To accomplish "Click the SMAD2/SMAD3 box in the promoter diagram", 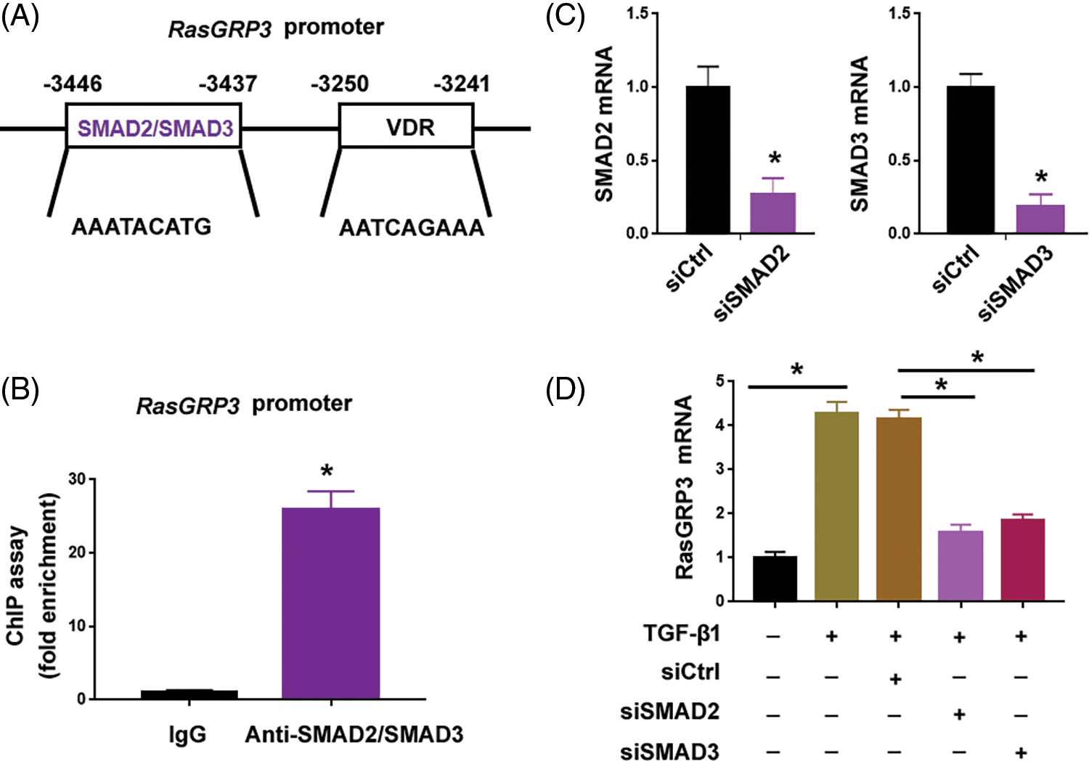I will (154, 127).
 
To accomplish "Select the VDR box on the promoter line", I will (407, 127).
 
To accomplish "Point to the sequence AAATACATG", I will (142, 227).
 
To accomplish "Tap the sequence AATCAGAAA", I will (412, 229).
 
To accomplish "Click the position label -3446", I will (73, 84).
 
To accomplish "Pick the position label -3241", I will (462, 84).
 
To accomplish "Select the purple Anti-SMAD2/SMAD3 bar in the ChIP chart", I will (330, 603).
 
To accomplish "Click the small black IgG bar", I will (189, 694).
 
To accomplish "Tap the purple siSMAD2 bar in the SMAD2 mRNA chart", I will (772, 213).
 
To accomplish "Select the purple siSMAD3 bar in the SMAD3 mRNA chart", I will (1040, 219).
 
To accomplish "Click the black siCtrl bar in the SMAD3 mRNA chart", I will (971, 160).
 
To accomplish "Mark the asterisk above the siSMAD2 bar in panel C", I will (775, 159).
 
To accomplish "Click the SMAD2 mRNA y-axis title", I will (604, 123).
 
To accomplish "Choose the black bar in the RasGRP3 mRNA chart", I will (775, 579).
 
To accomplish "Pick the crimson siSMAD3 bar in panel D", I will (1022, 560).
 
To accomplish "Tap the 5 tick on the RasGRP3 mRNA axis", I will (719, 380).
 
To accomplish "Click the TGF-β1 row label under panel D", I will (681, 634).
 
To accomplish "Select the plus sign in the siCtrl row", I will (895, 679).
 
